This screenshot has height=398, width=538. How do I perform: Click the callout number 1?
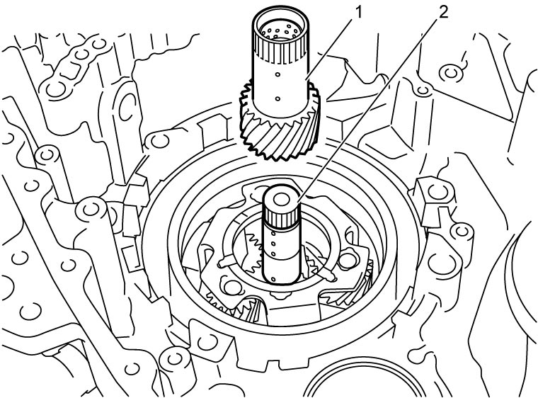358,13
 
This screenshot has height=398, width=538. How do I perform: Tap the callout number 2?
443,13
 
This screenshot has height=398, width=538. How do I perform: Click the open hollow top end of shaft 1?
280,29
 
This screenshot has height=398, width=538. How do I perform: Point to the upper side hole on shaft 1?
277,74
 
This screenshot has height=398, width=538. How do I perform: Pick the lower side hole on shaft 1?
277,100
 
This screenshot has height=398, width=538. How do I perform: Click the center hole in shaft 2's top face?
280,198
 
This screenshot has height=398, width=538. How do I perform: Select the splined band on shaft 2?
281,217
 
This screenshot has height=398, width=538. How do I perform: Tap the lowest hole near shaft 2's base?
273,278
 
